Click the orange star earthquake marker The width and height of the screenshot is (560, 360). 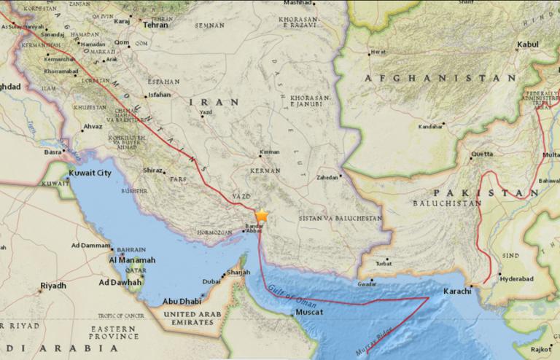261,216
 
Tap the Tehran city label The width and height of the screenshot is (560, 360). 155,24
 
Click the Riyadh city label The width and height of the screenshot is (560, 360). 53,286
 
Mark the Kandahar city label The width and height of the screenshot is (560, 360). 431,126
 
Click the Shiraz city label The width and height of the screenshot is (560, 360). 152,170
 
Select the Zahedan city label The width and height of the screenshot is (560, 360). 327,177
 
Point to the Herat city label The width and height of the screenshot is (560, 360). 378,52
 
